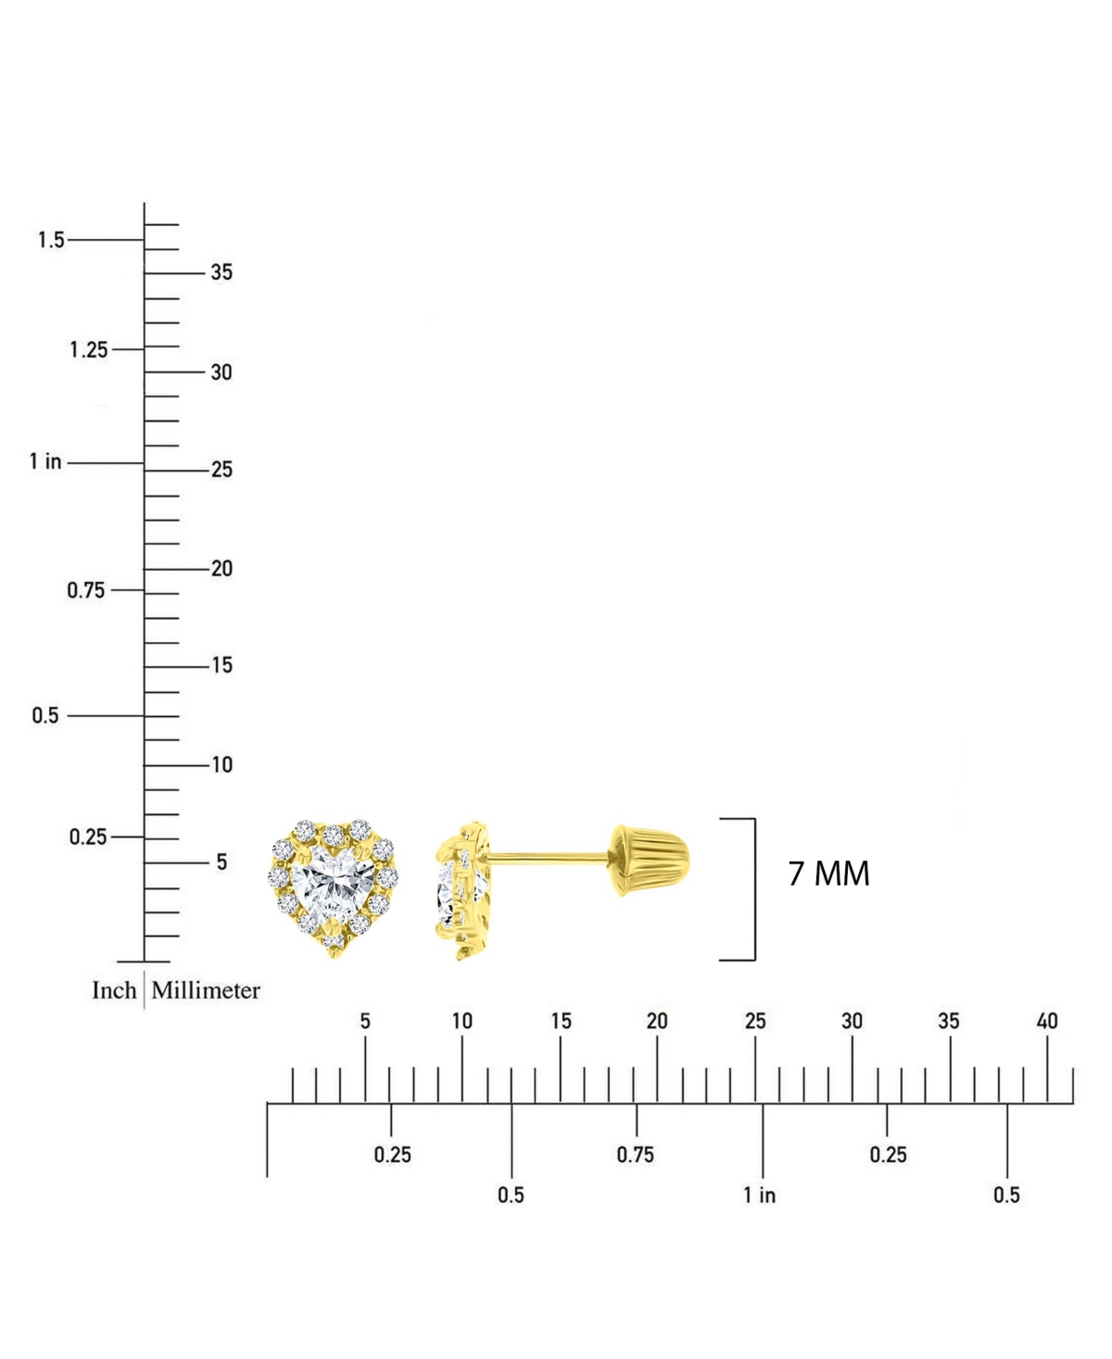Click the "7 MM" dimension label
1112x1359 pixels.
tap(828, 874)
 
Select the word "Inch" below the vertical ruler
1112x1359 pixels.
tap(114, 990)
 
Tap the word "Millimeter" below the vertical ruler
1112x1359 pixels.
tap(206, 990)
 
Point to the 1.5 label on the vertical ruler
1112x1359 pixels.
tap(51, 240)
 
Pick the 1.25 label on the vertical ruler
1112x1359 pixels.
tap(89, 350)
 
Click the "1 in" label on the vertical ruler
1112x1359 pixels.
tap(45, 461)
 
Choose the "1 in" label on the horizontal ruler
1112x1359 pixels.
tap(759, 1195)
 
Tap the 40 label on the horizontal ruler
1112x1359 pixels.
tap(1046, 1021)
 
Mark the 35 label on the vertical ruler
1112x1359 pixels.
tap(221, 272)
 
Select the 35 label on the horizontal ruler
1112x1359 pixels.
tap(949, 1021)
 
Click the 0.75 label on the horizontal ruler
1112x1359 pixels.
tap(635, 1154)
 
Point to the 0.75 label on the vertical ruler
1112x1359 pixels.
tap(85, 590)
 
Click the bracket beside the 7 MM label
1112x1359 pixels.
tap(752, 889)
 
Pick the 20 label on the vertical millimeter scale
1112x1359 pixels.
tap(221, 569)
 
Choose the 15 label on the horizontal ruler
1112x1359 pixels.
tap(561, 1021)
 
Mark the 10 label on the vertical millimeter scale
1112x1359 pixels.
tap(221, 765)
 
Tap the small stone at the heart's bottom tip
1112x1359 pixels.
tap(334, 942)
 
